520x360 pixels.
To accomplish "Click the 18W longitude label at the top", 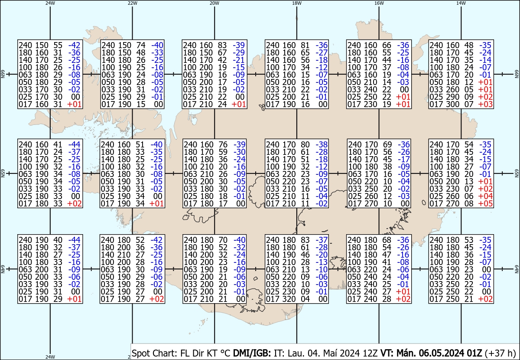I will tap(296, 3).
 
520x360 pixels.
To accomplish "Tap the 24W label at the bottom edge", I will tap(50, 357).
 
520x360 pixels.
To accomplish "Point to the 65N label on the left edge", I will tap(2, 173).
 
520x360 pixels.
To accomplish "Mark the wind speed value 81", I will tap(305, 45).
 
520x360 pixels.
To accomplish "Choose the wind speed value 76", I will tap(223, 144).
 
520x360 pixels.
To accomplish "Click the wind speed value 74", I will tap(140, 45).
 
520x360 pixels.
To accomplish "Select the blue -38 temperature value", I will tap(322, 144).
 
